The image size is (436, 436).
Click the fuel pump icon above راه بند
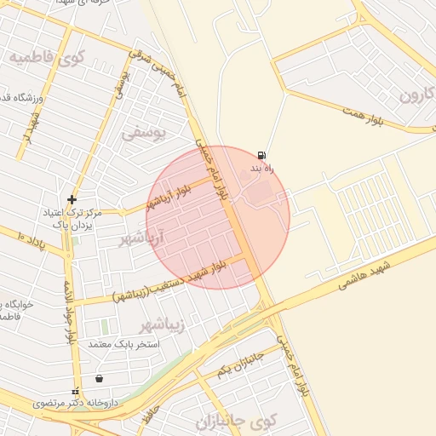261,155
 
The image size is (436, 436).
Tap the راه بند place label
261,169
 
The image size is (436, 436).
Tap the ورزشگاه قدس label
17,98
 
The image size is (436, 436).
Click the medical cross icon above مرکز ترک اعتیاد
72,199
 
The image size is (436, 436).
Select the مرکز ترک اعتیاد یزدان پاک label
75,219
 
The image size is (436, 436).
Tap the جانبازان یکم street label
241,365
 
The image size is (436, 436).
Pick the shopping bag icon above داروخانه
100,378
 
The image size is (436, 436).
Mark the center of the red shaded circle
218,217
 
